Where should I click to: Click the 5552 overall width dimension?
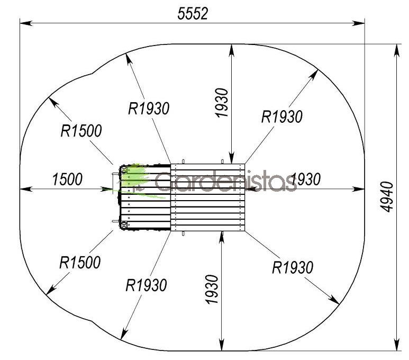coord(193,14)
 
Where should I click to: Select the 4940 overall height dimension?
coord(386,197)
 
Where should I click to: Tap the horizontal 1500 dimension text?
coord(67,179)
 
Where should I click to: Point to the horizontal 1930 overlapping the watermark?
coord(305,179)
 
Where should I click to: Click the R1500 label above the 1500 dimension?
coord(81,131)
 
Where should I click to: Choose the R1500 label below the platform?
coord(80,263)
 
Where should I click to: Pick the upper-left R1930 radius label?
coord(149,109)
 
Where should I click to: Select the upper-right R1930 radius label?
coord(282,116)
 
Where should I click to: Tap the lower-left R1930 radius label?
coord(147,285)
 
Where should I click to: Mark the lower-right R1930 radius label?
coord(293,267)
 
